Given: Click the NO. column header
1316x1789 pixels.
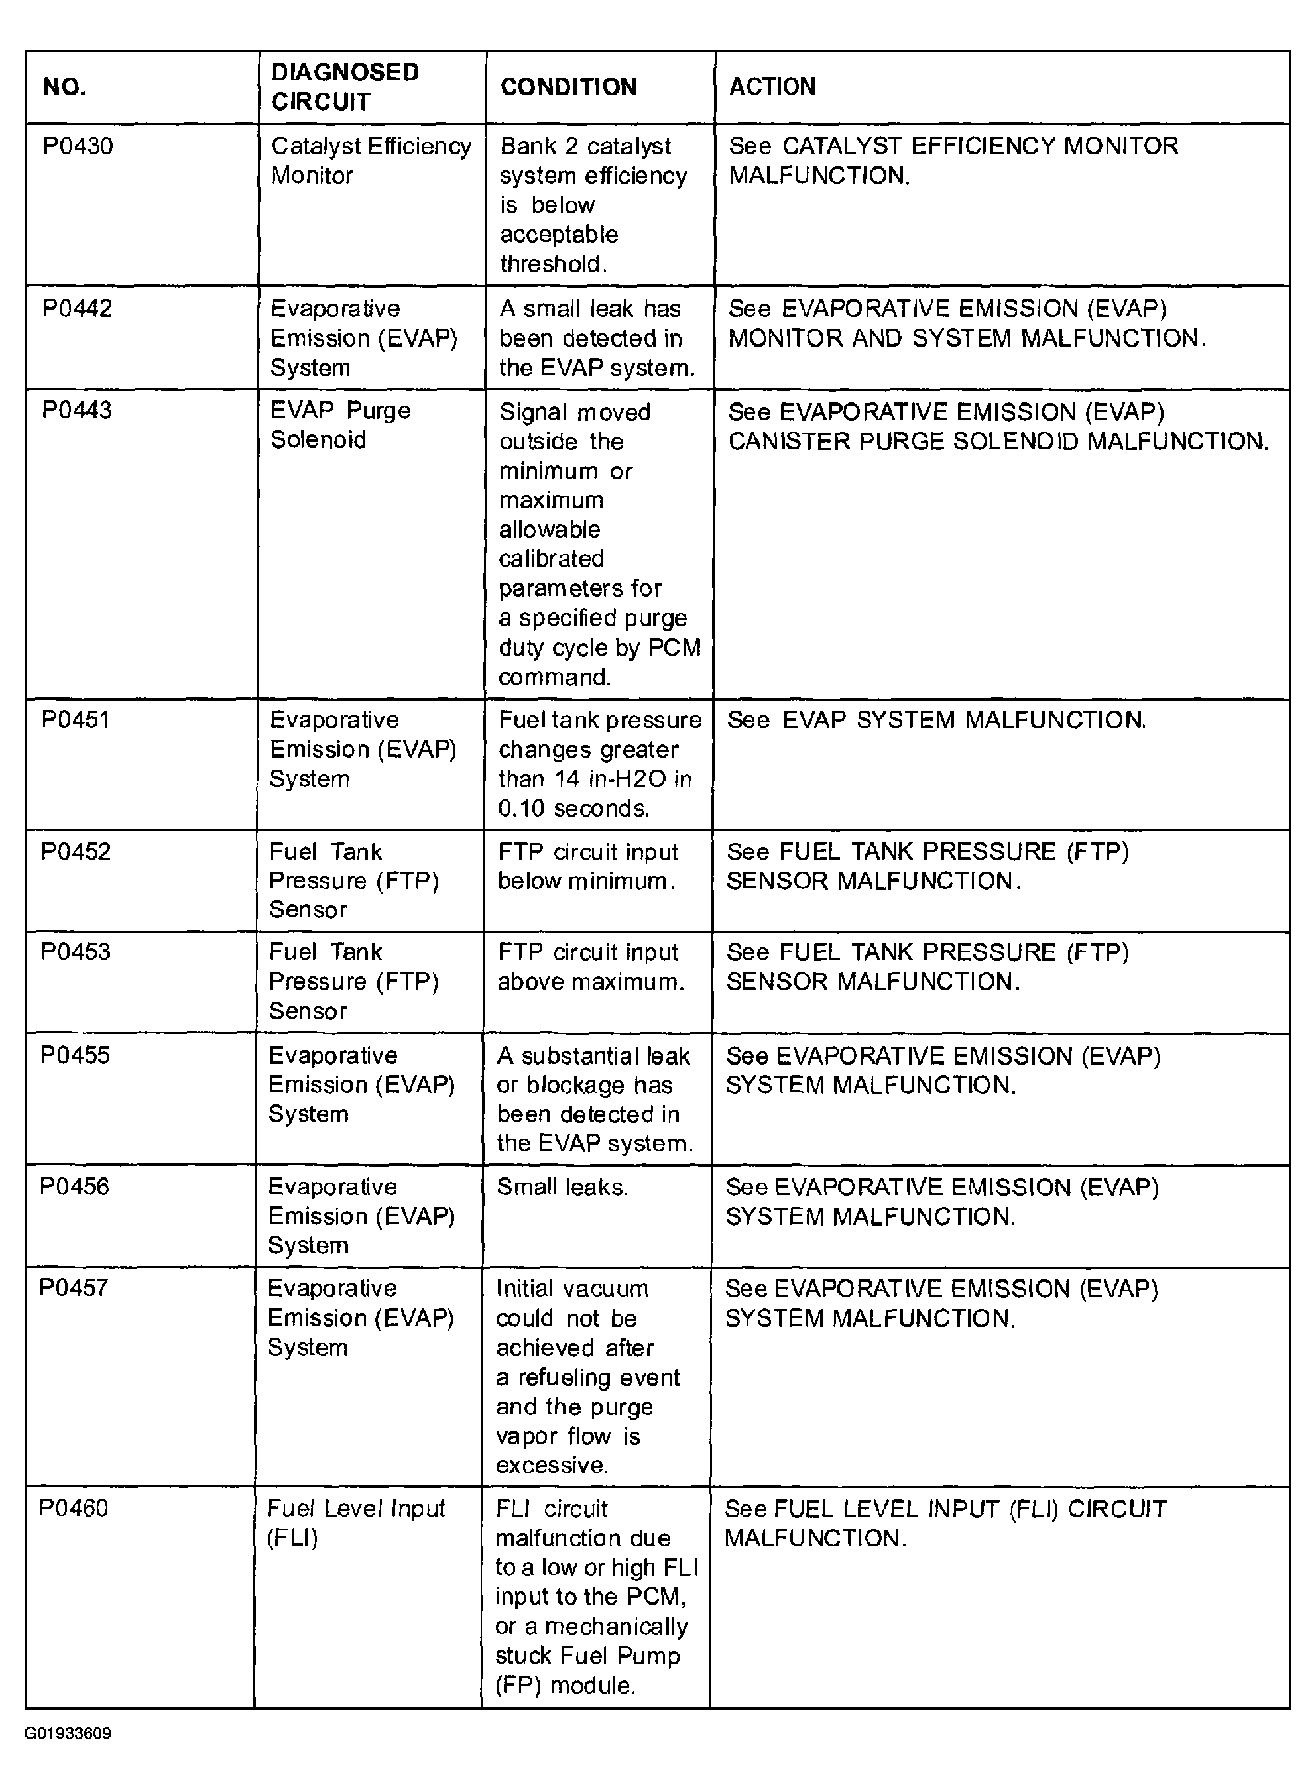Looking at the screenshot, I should coord(64,87).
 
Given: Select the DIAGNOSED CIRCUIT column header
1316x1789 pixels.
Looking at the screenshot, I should coord(344,87).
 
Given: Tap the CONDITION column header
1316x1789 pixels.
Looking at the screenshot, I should coord(568,87).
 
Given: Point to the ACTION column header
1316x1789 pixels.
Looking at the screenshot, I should coord(772,86).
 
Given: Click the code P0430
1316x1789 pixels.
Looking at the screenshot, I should coord(78,146).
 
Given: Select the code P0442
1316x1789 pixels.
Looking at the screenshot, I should coord(78,308).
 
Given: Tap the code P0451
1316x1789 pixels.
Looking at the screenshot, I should coord(76,719).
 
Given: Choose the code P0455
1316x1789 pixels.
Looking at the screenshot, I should coord(75,1055).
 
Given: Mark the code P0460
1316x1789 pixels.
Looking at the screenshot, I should coord(74,1507).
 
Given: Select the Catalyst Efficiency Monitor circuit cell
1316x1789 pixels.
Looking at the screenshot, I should coord(371,160).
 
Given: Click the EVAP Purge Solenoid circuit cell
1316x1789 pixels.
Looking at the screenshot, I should coord(340,425).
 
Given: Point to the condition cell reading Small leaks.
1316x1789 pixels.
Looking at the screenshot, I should coord(562,1187).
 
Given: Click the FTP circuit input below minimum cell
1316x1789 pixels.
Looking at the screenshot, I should coord(587,866).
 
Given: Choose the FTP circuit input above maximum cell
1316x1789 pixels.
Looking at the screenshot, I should coord(589,966).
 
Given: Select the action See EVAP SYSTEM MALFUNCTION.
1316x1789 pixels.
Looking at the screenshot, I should coord(936,720).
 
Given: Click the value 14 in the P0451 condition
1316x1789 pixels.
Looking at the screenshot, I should coord(566,778).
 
